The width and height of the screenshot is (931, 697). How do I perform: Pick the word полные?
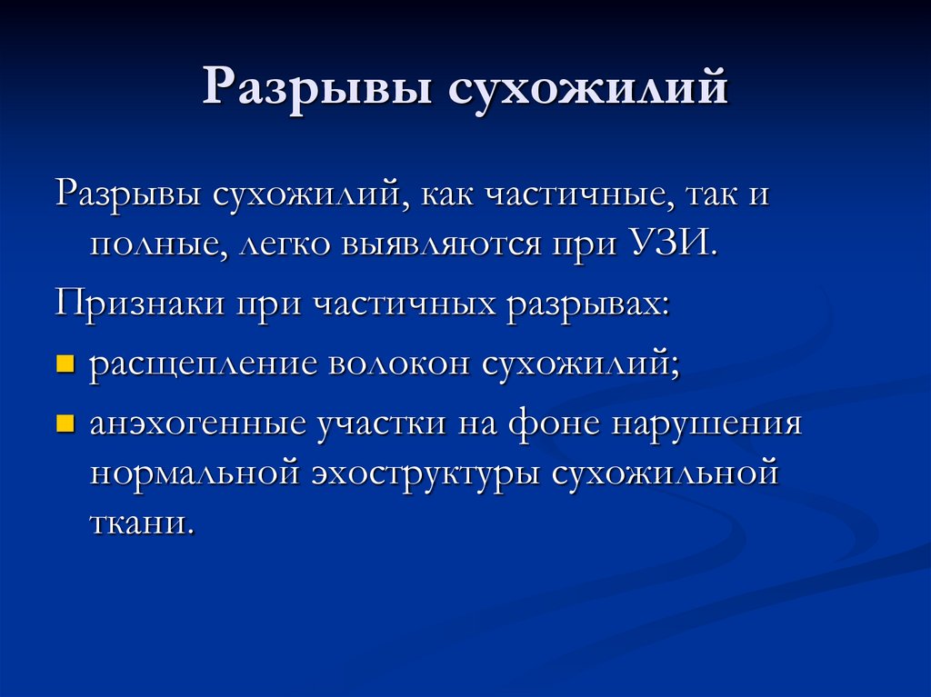158,245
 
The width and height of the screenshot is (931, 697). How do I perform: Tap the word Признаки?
141,302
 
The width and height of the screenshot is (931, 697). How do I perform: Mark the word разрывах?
588,302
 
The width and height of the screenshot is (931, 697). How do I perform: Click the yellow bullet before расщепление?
64,364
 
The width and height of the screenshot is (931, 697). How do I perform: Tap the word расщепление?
205,363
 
